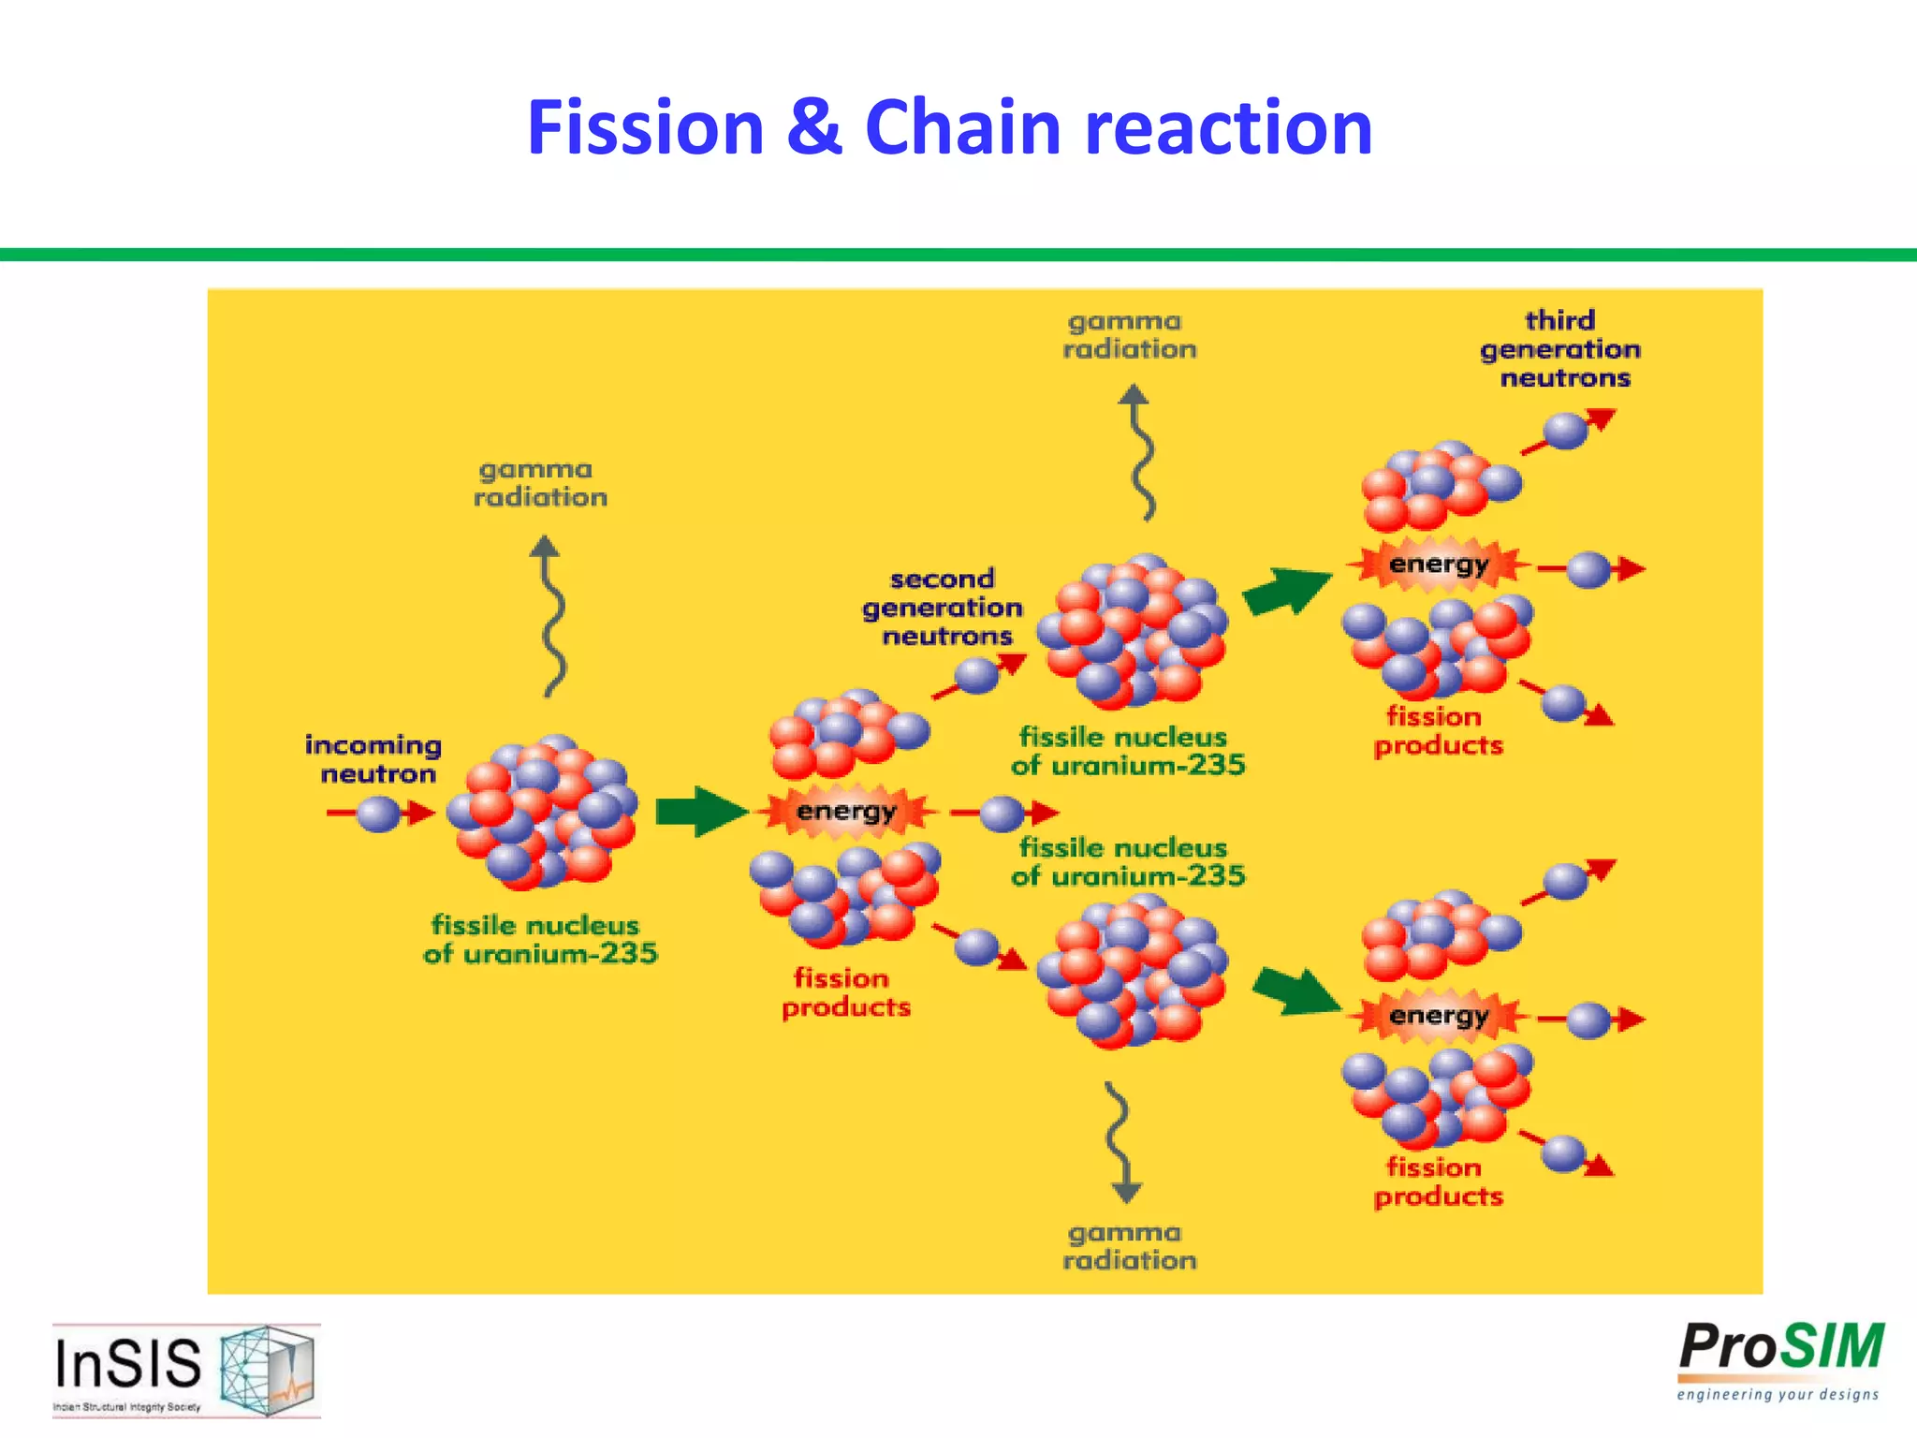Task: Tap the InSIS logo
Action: coord(185,1369)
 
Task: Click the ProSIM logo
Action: coord(1780,1359)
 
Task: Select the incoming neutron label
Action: coord(373,759)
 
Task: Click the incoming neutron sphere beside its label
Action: coord(379,813)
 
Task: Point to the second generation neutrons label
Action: coord(943,608)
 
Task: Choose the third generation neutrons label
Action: coord(1560,349)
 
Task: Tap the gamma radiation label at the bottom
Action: coord(1129,1246)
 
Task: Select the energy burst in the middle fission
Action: coord(846,811)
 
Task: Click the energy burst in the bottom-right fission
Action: coord(1438,1015)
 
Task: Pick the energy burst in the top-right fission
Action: coord(1438,565)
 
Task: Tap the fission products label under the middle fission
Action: coord(845,992)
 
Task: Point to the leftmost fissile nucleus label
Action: coord(540,939)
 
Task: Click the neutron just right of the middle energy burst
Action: coord(1002,813)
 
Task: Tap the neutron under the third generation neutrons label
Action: coord(1564,432)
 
